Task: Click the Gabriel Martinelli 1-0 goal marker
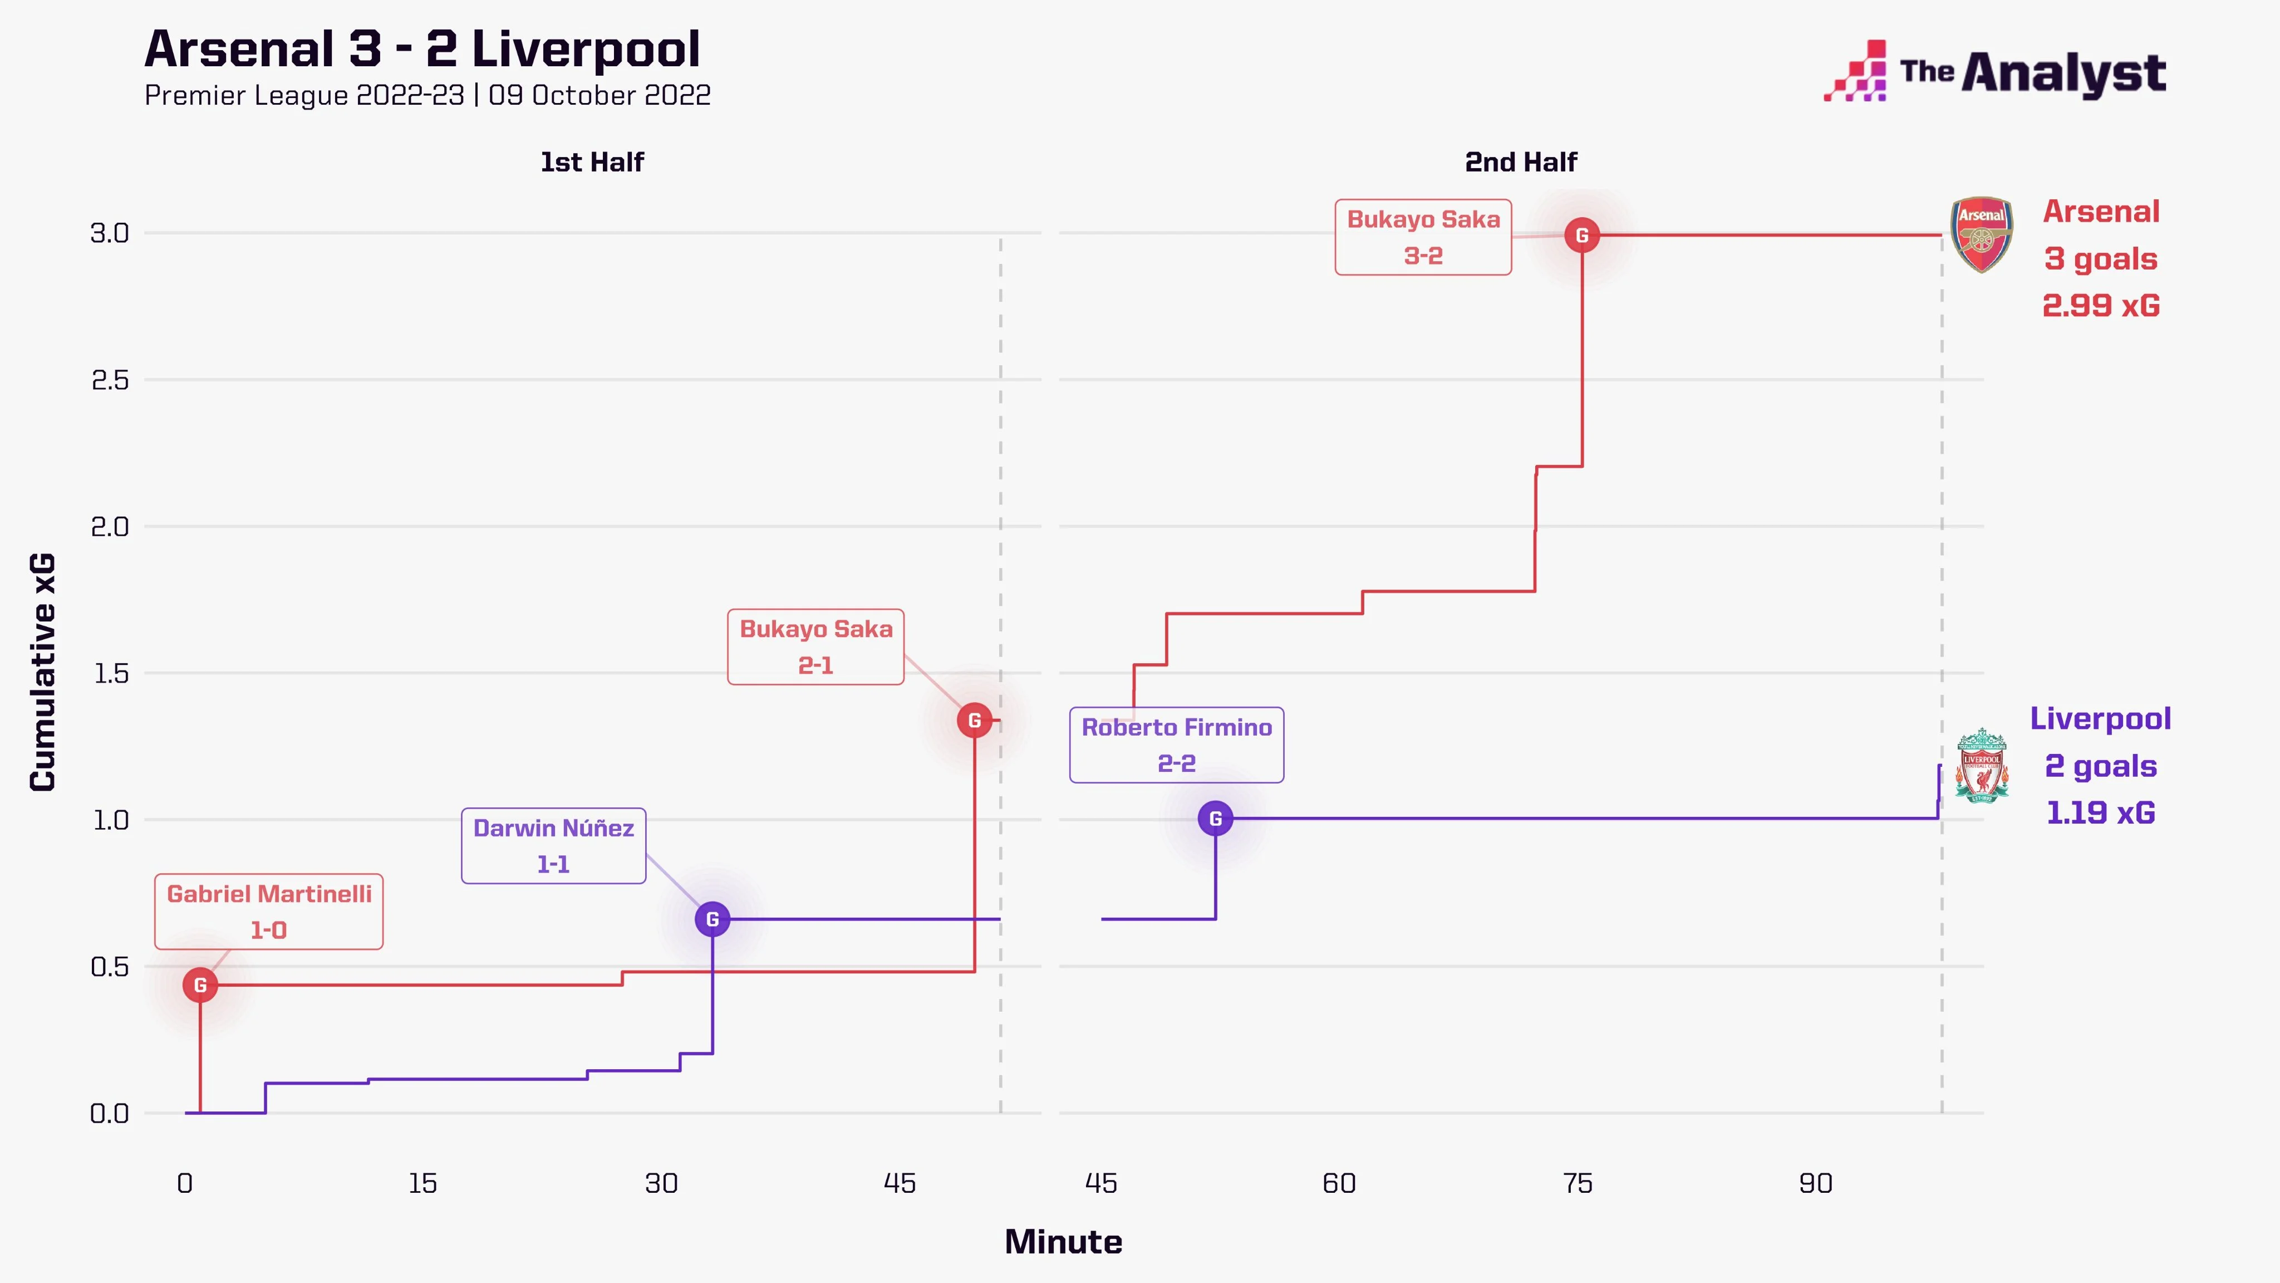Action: point(200,985)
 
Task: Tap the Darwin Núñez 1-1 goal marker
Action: point(712,919)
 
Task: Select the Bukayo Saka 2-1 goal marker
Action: point(975,721)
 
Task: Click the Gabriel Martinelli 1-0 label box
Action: point(269,911)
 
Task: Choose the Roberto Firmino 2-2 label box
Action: point(1176,745)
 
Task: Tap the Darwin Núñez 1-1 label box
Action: point(553,846)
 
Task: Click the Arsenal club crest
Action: point(1982,234)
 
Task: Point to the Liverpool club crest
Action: point(1981,766)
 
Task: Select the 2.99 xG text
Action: point(2100,306)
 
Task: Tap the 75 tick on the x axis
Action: point(1577,1184)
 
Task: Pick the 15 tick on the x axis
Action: point(422,1184)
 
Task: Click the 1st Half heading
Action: point(592,162)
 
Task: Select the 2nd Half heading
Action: point(1521,162)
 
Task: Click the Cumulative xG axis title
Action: point(42,672)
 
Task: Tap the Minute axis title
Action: point(1063,1241)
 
